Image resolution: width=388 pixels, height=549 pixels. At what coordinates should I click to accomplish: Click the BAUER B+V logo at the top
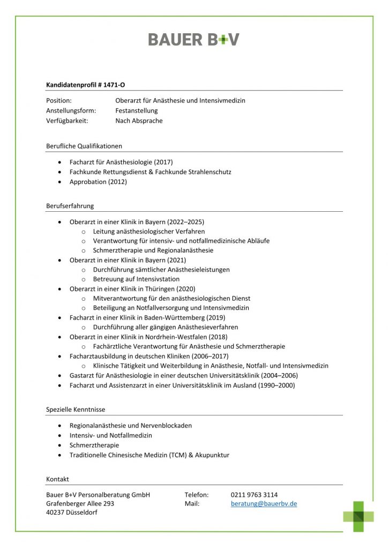coord(193,39)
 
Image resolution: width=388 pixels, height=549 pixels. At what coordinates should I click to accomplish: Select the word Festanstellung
coord(137,110)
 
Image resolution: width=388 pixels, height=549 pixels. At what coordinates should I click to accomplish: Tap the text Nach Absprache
coord(139,121)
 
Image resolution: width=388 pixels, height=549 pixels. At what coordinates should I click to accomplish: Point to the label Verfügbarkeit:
coord(67,121)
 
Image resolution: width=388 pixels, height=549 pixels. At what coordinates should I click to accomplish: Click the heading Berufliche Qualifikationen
coord(84,146)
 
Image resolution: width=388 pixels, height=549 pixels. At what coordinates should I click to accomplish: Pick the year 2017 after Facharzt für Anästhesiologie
coord(163,162)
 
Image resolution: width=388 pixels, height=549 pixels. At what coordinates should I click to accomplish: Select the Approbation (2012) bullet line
coord(98,182)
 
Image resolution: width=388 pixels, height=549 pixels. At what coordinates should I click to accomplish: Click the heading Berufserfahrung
coord(70,206)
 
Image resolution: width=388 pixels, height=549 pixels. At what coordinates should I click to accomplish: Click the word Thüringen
coord(152,288)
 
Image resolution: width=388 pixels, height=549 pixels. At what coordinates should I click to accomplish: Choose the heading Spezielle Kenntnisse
coord(76,410)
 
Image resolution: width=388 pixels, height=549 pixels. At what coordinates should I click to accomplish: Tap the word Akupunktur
coord(212,455)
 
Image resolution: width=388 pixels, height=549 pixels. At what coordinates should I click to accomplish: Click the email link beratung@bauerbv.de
coord(264,504)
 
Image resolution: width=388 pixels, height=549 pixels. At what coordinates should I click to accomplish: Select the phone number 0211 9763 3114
coord(254,494)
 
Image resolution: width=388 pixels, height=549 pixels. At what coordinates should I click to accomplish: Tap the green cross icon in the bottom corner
coord(359,516)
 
